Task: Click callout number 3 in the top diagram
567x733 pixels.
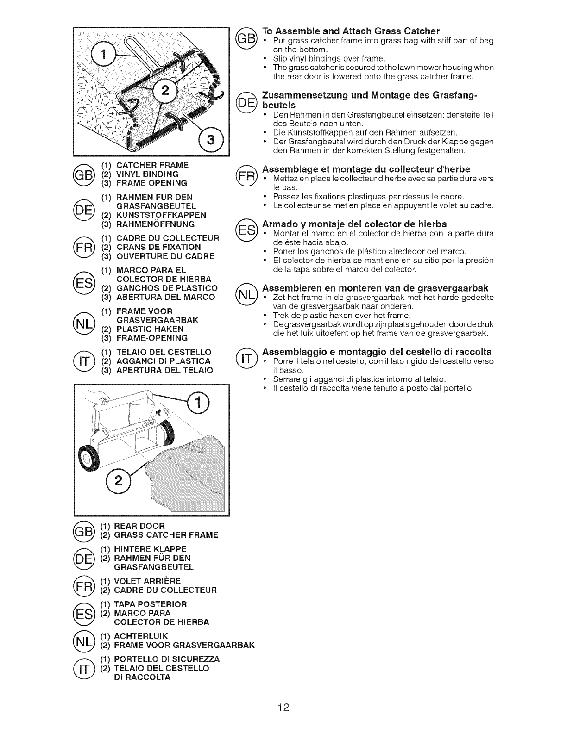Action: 210,139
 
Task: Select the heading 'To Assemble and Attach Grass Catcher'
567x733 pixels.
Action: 351,31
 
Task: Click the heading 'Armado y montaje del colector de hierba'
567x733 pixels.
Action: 354,224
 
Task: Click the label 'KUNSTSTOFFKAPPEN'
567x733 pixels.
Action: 160,215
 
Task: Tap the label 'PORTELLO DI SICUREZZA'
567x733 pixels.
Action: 166,659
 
